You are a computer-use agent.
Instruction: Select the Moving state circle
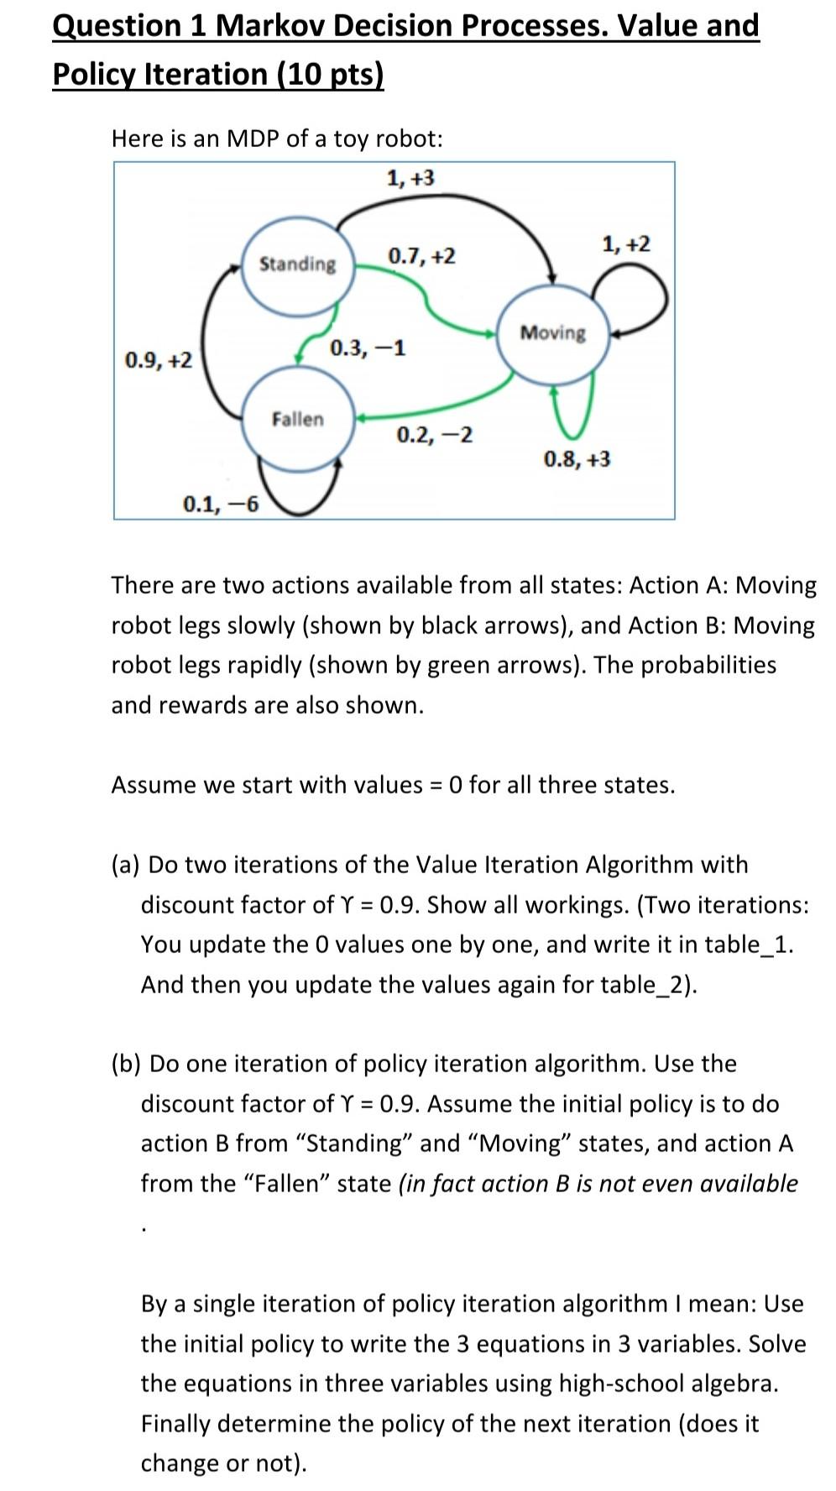tap(553, 334)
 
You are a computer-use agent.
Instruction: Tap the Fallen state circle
tap(297, 419)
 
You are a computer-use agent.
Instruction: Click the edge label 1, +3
tap(410, 178)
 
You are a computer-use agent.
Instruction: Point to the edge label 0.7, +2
tap(421, 255)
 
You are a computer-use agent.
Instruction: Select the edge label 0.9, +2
tap(158, 360)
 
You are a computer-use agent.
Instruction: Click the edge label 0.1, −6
tap(221, 504)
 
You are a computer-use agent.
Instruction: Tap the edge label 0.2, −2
tap(434, 435)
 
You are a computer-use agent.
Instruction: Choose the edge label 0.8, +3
tap(577, 459)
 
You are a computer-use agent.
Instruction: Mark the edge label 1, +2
tap(625, 244)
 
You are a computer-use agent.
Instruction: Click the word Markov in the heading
tap(269, 26)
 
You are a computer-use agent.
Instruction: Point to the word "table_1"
tap(749, 944)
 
